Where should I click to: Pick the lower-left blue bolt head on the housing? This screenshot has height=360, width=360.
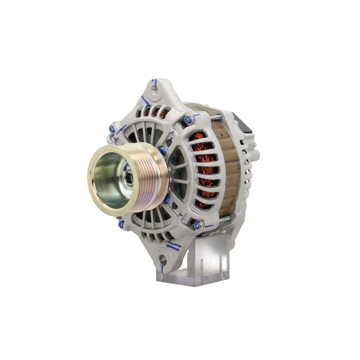(121, 223)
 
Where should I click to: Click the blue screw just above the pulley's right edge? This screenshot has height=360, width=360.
(163, 150)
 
